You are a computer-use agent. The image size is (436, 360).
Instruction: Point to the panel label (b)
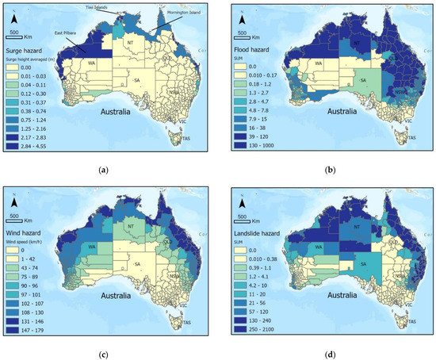coord(329,170)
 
